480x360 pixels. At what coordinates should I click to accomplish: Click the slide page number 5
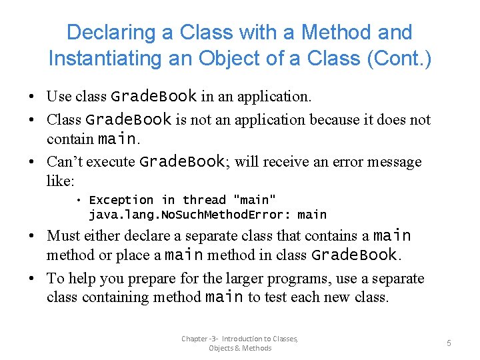pos(449,343)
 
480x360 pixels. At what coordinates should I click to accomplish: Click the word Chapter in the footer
pos(195,339)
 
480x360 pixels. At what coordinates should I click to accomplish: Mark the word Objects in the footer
pos(221,348)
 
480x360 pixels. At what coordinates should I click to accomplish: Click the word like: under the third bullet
pos(61,181)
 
